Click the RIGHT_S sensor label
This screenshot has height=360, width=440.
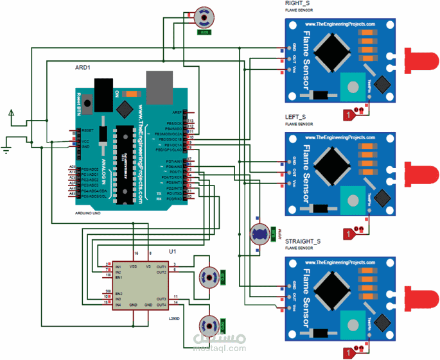[x=297, y=4]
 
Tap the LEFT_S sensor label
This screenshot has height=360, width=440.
[x=295, y=117]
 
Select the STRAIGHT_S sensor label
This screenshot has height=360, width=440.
[x=303, y=241]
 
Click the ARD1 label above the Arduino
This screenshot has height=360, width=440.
[x=83, y=67]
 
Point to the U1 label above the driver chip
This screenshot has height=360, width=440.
[x=172, y=252]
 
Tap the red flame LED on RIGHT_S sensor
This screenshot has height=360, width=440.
[x=420, y=60]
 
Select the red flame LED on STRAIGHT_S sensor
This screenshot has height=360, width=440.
[x=420, y=296]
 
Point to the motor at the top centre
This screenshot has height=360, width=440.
[x=202, y=17]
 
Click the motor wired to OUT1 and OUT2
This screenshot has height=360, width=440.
[x=208, y=277]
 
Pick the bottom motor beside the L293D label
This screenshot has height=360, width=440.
[x=208, y=324]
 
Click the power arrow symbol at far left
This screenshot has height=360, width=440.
[x=11, y=113]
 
